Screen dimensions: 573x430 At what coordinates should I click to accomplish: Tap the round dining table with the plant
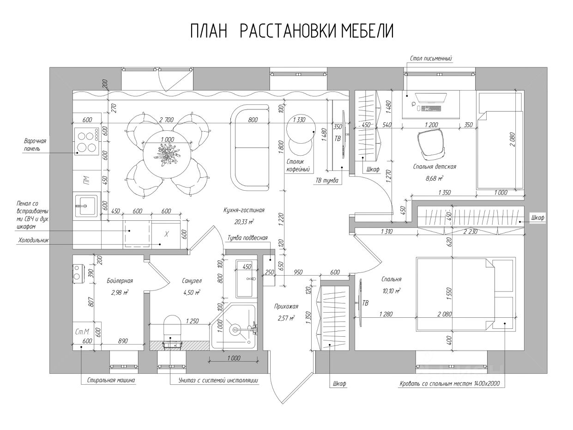[x=167, y=155]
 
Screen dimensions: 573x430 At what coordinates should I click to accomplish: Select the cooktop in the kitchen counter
[x=87, y=141]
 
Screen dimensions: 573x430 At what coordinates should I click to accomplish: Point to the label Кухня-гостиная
[x=244, y=210]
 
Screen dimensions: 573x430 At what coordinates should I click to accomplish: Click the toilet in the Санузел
[x=172, y=329]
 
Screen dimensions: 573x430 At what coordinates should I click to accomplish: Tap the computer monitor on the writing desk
[x=431, y=98]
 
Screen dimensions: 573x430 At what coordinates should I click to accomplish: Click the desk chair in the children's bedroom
[x=431, y=145]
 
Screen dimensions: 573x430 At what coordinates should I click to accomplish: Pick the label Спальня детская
[x=434, y=167]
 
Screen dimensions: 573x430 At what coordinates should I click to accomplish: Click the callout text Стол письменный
[x=431, y=59]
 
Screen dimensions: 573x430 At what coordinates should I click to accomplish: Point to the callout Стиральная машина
[x=111, y=380]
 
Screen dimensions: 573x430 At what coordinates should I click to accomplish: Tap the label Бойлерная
[x=120, y=281]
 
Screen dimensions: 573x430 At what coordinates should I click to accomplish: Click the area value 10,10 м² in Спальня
[x=392, y=291]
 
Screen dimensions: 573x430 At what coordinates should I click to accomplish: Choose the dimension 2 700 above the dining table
[x=166, y=120]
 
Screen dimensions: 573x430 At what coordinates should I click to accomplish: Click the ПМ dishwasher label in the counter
[x=86, y=180]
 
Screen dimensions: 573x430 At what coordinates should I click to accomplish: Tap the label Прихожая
[x=286, y=306]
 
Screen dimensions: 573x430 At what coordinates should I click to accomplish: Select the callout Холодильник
[x=33, y=240]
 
